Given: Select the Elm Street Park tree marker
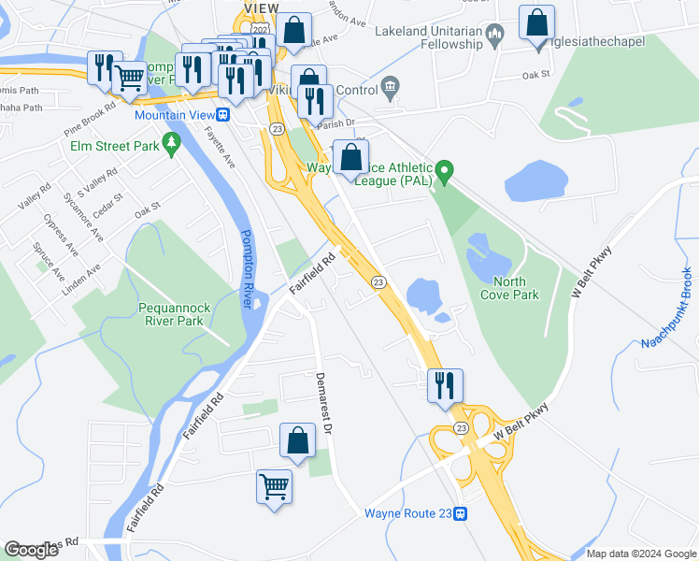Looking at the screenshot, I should click(170, 142).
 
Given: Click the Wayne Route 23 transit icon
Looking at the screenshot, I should click(462, 513).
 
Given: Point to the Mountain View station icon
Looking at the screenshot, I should click(223, 115).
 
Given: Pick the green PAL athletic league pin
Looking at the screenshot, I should click(446, 170).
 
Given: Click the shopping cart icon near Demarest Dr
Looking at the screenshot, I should click(274, 486).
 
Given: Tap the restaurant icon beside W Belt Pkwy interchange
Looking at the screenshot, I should click(445, 385).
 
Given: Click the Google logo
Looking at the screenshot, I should click(31, 550).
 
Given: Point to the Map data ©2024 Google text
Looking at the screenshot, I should click(641, 553).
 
